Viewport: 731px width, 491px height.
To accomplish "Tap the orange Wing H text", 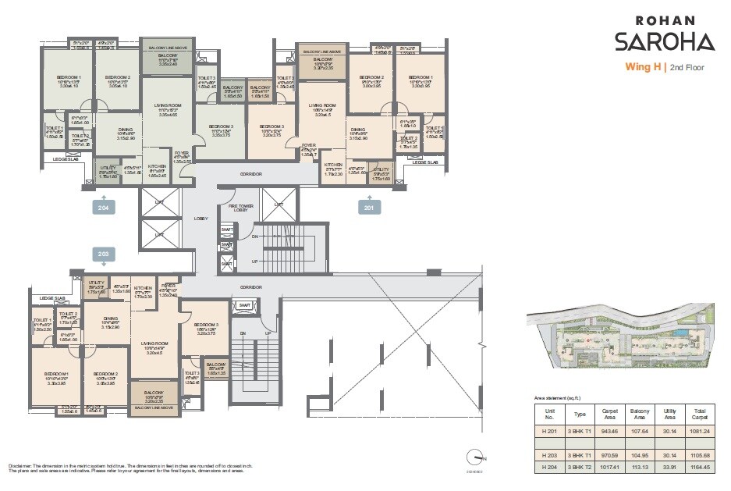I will tap(642, 67).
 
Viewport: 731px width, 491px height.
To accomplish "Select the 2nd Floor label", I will tap(686, 68).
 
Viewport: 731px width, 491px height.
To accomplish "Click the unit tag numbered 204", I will tap(103, 208).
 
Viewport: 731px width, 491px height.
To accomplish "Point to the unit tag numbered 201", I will tap(369, 207).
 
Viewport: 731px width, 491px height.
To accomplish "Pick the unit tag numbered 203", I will tap(103, 254).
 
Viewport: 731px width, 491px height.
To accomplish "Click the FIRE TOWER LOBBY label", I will tap(241, 208).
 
